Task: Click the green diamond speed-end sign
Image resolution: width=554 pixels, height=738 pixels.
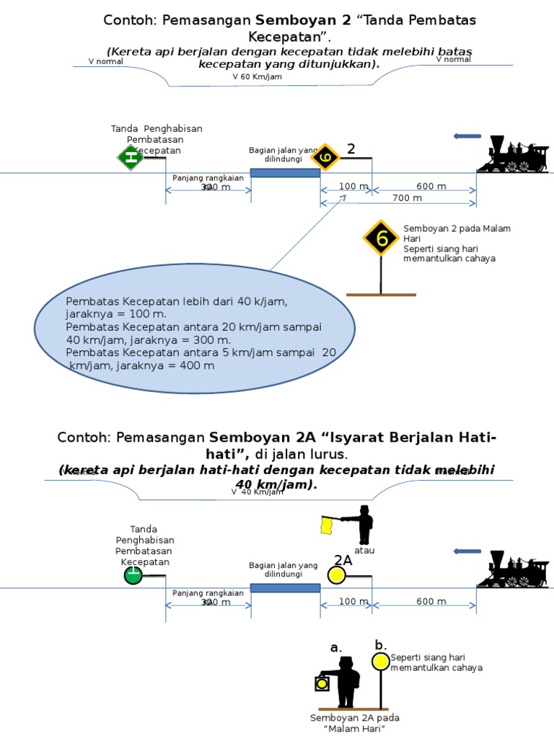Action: click(131, 156)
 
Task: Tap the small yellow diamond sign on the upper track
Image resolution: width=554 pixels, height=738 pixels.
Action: click(325, 157)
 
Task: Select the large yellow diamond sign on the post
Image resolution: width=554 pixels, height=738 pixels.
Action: click(381, 238)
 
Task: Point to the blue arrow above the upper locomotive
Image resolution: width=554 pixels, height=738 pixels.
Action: click(467, 136)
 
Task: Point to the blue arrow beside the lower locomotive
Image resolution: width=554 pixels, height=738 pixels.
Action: click(467, 551)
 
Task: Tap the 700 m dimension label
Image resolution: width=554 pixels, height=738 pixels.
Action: click(408, 197)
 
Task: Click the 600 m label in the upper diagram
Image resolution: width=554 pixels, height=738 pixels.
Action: click(431, 187)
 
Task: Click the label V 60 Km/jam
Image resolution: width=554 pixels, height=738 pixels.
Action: click(257, 76)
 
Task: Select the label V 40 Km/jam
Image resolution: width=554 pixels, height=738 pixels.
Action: click(258, 492)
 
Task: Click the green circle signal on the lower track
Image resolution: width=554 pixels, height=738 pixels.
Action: click(133, 575)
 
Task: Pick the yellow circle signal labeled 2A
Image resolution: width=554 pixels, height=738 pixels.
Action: click(336, 575)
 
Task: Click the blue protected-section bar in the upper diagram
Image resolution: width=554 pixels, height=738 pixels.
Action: click(285, 173)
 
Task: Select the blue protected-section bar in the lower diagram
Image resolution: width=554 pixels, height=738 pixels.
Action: click(285, 588)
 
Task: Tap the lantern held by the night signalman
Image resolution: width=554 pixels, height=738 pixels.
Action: click(322, 683)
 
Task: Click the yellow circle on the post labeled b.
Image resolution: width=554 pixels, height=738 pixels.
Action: click(381, 661)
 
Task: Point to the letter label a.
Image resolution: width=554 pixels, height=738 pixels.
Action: click(335, 648)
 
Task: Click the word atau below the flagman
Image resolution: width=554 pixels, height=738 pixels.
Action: click(364, 551)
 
